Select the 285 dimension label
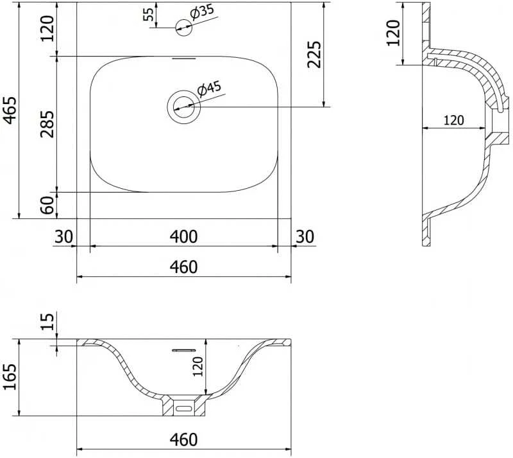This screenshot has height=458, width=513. [46, 124]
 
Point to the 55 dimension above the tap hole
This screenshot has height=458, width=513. [149, 14]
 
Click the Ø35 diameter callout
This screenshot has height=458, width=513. [201, 12]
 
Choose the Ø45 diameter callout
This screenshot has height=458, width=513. [210, 89]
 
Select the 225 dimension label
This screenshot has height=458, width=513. [314, 54]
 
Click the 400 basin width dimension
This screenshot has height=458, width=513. [183, 236]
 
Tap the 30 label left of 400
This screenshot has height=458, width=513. [63, 236]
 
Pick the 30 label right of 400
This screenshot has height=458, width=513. [305, 236]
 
